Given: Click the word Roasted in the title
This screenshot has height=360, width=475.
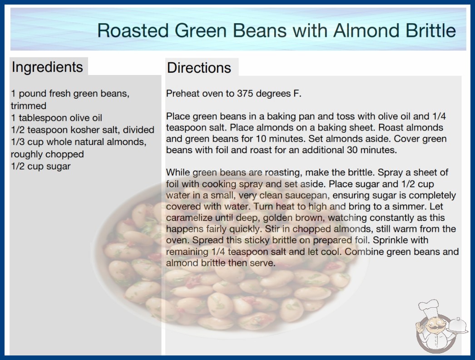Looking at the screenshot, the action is (133, 30).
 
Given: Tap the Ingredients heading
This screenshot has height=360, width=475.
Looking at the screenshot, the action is (47, 67).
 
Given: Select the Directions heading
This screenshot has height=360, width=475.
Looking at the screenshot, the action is (199, 68).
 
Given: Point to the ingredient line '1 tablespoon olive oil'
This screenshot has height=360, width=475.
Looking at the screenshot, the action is (56, 118).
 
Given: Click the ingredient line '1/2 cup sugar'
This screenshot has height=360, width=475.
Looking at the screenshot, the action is (40, 166).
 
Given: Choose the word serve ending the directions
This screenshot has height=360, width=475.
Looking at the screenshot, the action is (262, 263).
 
